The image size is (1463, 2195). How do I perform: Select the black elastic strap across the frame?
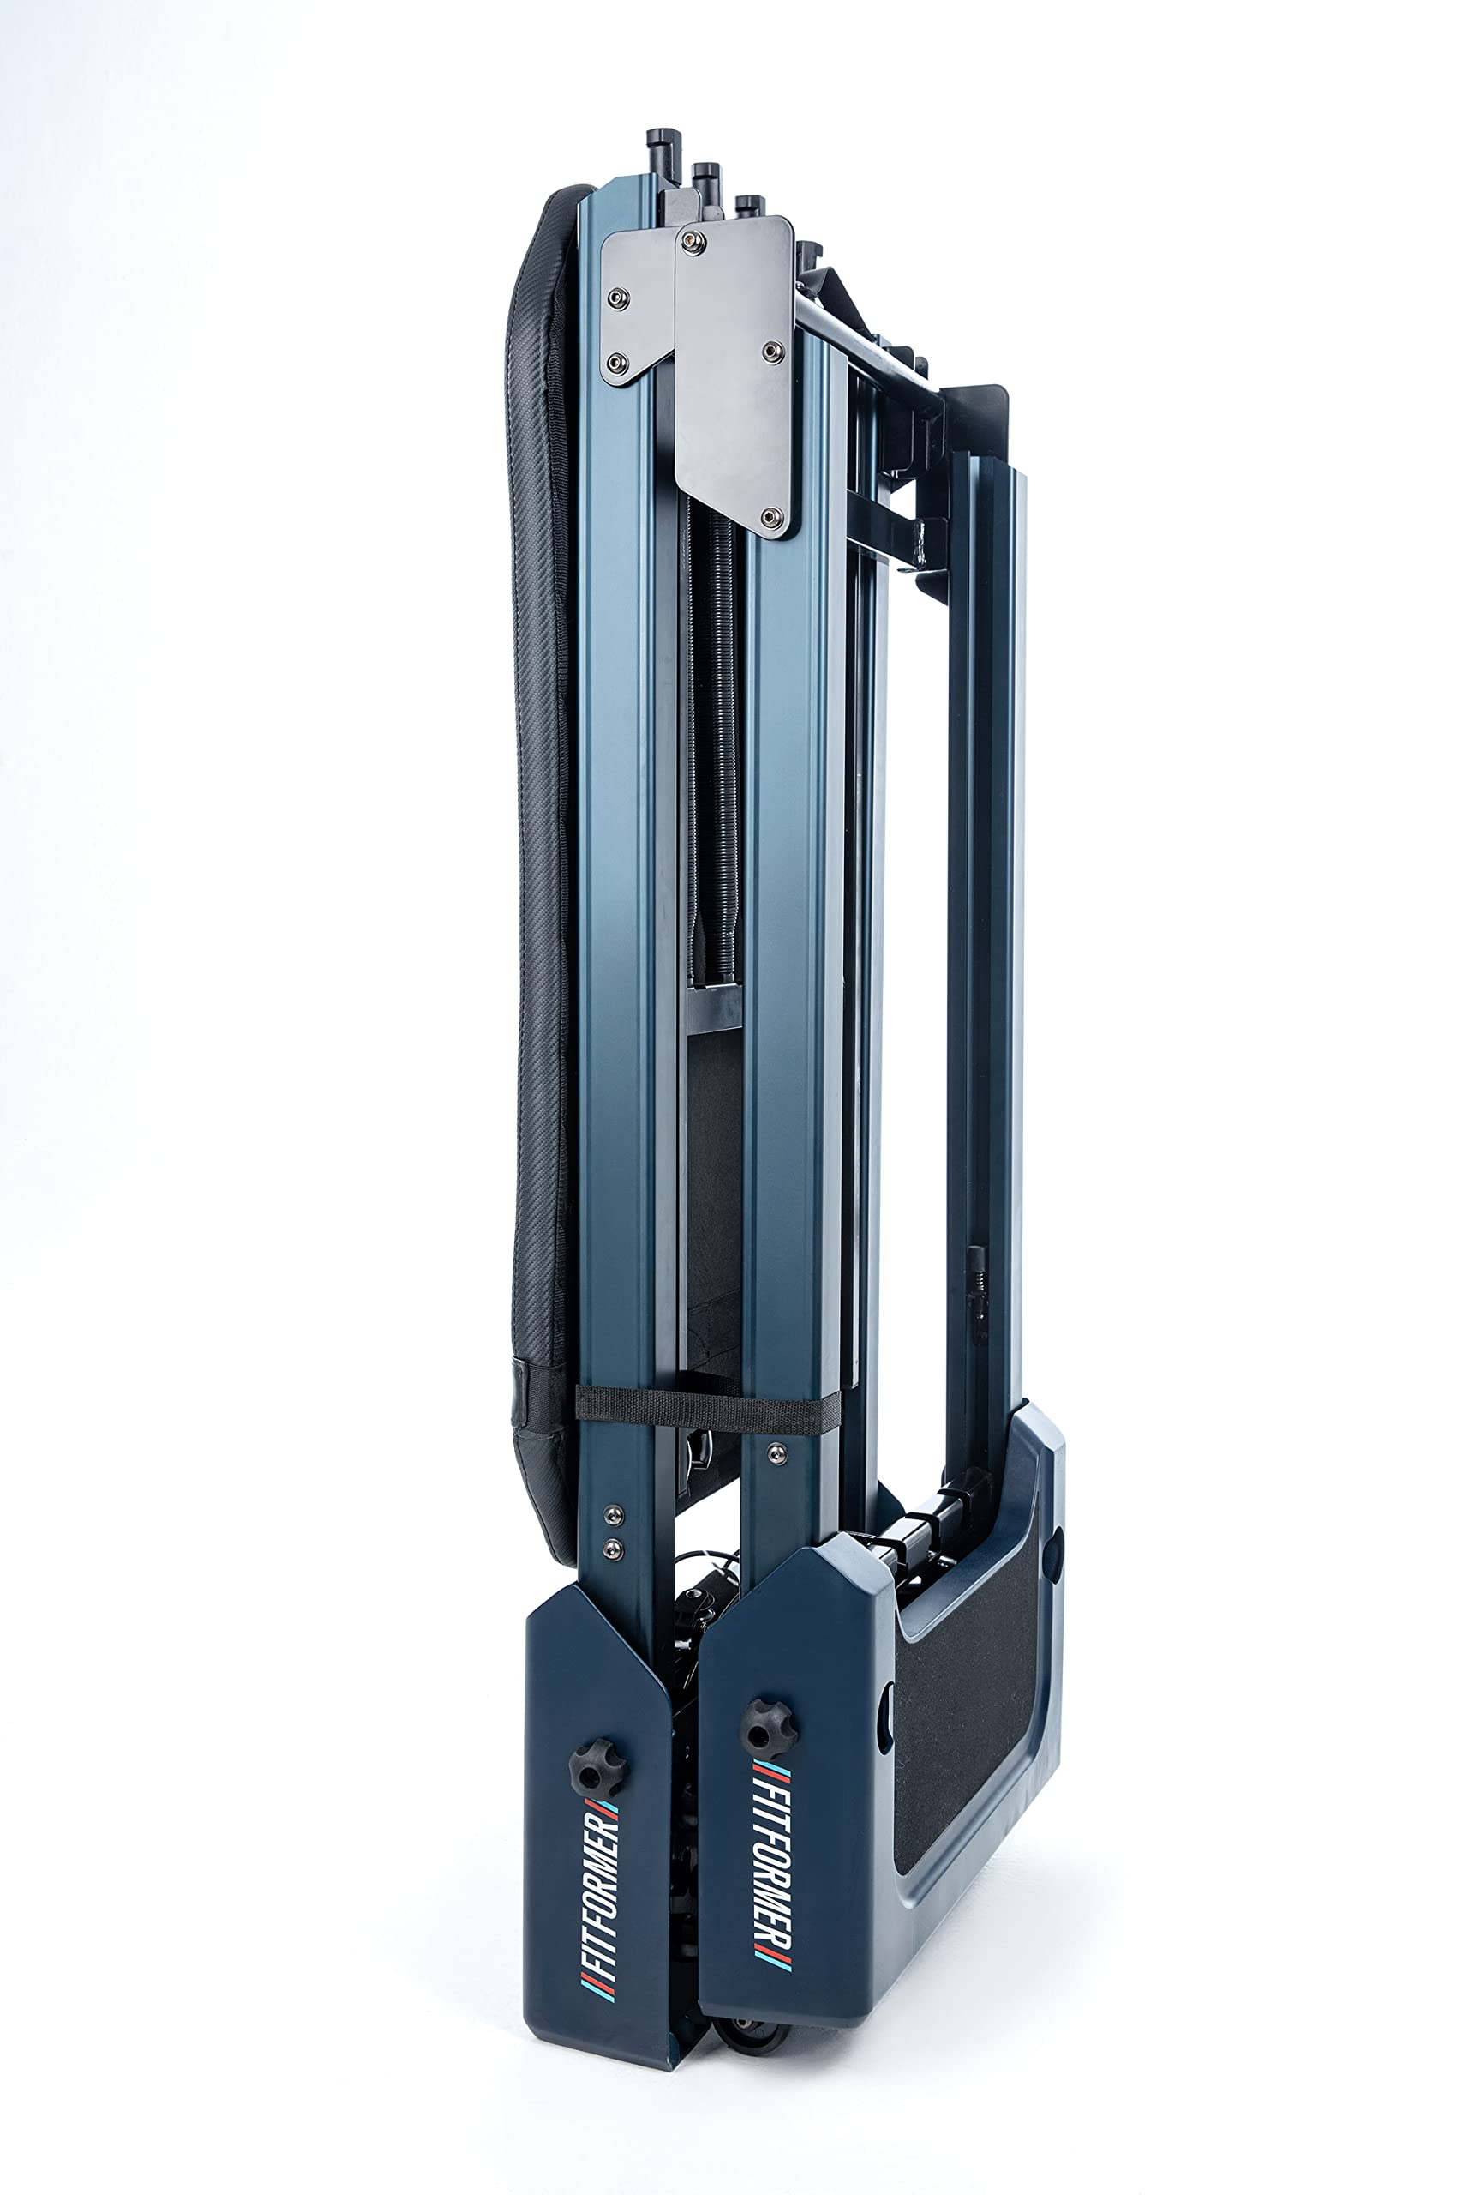point(706,1406)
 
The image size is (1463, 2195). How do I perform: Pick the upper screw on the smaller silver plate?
point(617,298)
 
